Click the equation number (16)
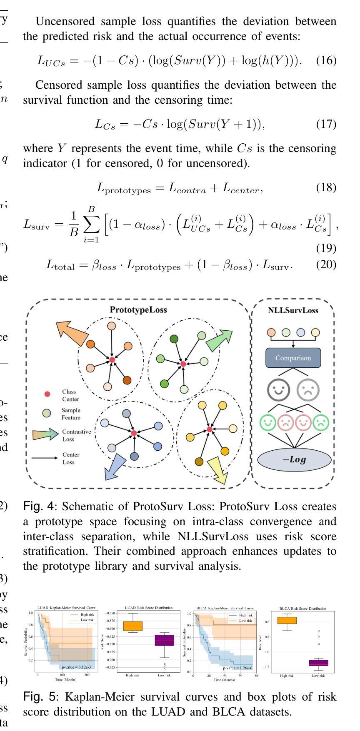326,60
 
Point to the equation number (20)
326,264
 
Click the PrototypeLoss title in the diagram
138,309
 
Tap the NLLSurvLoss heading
293,310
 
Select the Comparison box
293,358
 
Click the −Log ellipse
294,460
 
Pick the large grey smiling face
278,390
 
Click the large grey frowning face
308,390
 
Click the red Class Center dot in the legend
47,394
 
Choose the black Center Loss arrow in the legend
45,458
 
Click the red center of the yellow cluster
210,429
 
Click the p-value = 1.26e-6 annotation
237,668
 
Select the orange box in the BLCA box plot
287,620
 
